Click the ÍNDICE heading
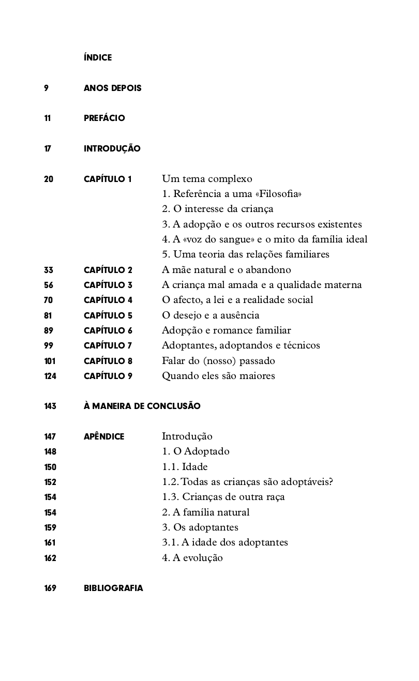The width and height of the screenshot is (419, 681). point(97,57)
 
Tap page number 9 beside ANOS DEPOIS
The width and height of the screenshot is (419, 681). point(47,88)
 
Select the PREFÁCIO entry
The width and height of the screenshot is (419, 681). point(104,118)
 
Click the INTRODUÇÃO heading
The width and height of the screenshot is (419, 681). point(112,148)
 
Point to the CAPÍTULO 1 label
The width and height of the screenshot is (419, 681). point(108,179)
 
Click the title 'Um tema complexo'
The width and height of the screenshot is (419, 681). point(207,179)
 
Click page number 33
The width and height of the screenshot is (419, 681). point(49,269)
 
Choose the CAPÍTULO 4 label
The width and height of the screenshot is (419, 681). point(108,300)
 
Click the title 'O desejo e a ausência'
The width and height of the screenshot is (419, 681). point(211,315)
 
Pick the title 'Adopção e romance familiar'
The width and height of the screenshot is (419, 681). point(226,330)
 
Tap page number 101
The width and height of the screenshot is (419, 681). point(50,360)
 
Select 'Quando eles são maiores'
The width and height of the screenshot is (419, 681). point(218,376)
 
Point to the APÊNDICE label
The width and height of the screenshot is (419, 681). point(104,436)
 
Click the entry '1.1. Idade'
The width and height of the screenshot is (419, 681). point(185,466)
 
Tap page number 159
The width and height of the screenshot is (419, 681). point(50,527)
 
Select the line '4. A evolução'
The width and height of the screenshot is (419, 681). point(192,558)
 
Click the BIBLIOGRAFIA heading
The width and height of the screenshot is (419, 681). point(113,588)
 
